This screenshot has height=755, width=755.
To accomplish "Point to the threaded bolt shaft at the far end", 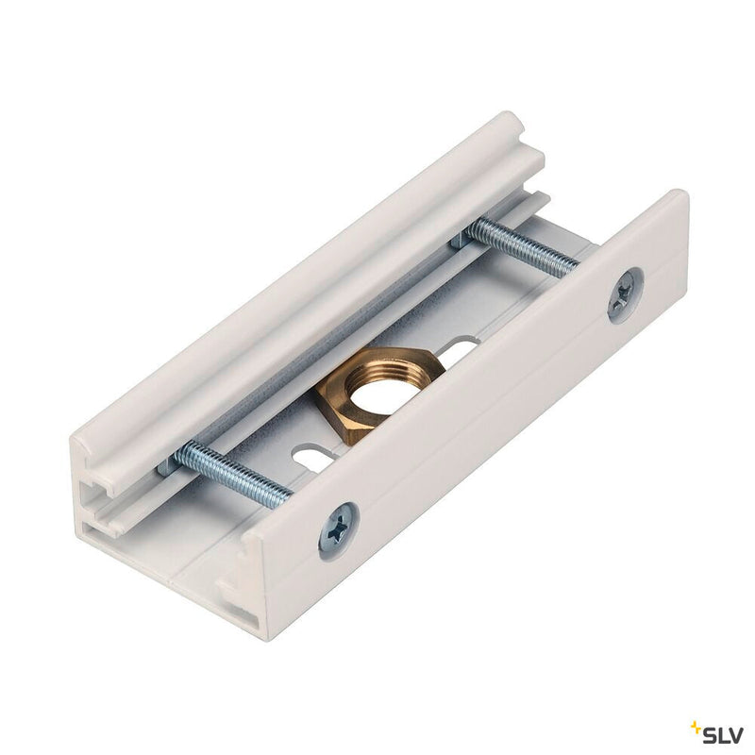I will [x=524, y=248].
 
